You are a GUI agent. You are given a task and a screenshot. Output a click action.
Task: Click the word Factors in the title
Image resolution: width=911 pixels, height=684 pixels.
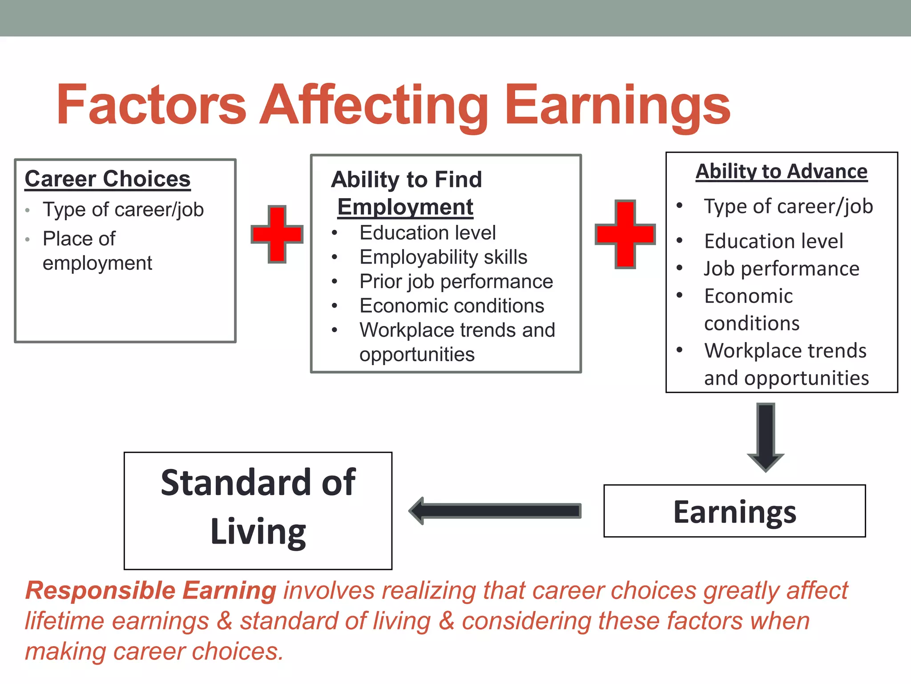click(x=151, y=105)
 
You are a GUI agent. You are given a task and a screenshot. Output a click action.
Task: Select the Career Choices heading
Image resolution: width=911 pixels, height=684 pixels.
click(x=108, y=179)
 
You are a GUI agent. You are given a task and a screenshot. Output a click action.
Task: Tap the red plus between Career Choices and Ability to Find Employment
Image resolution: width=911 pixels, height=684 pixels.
click(x=277, y=234)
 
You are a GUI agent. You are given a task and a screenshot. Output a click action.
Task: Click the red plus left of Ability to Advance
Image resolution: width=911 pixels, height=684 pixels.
click(x=625, y=234)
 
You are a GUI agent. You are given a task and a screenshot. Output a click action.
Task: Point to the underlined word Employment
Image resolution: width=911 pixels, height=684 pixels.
click(x=405, y=207)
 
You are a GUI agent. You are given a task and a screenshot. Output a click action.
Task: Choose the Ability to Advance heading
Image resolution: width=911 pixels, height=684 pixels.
click(x=782, y=171)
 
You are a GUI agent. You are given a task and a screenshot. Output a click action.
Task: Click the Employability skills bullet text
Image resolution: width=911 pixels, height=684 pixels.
click(x=443, y=257)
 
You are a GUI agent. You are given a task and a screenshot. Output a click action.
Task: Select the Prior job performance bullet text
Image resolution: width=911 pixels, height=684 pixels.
click(x=456, y=281)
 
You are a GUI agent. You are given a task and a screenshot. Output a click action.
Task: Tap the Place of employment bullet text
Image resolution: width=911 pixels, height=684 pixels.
click(x=97, y=251)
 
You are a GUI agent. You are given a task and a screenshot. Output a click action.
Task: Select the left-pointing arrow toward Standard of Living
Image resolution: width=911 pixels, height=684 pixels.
click(x=495, y=511)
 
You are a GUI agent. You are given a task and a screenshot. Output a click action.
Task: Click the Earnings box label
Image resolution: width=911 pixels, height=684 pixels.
click(x=734, y=512)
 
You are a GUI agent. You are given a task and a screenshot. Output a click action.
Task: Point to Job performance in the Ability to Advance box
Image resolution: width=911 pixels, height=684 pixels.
click(x=782, y=269)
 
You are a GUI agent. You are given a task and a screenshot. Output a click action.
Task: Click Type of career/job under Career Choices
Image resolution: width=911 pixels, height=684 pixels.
click(x=123, y=209)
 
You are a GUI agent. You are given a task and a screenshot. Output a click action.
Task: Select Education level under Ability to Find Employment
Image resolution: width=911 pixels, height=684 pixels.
click(x=427, y=233)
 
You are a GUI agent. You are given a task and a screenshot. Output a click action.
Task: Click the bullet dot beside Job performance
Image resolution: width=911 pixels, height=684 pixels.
click(x=679, y=268)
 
